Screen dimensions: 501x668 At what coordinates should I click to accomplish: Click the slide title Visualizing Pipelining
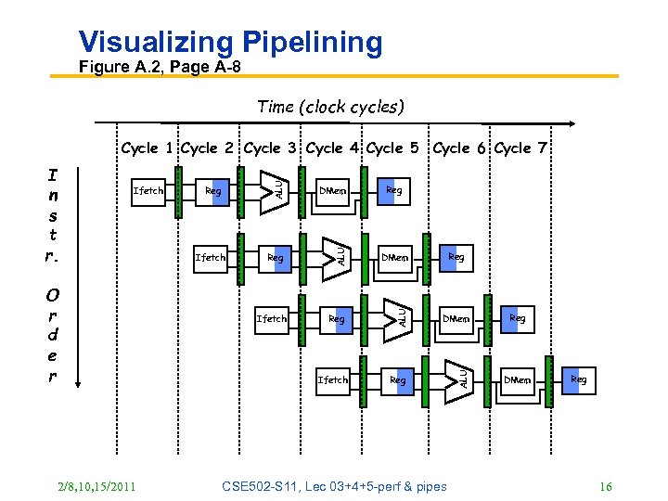[x=230, y=42]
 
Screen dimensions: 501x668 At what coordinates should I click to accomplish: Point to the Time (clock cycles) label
[x=329, y=107]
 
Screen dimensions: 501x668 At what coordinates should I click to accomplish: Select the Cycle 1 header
[x=148, y=148]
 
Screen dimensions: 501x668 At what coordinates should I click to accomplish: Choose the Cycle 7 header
[x=521, y=148]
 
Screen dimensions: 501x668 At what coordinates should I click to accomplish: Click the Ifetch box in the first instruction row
[x=148, y=191]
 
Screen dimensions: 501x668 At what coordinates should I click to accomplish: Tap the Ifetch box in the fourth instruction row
[x=333, y=379]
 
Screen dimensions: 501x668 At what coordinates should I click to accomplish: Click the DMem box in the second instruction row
[x=395, y=257]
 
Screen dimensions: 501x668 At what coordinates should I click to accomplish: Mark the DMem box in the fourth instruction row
[x=518, y=379]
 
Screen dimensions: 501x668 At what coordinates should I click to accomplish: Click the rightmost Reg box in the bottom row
[x=578, y=379]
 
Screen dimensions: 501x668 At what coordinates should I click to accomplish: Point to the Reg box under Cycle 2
[x=213, y=191]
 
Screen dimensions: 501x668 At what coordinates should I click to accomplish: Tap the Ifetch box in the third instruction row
[x=272, y=318]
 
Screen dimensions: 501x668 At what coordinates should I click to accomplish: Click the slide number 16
[x=606, y=486]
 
